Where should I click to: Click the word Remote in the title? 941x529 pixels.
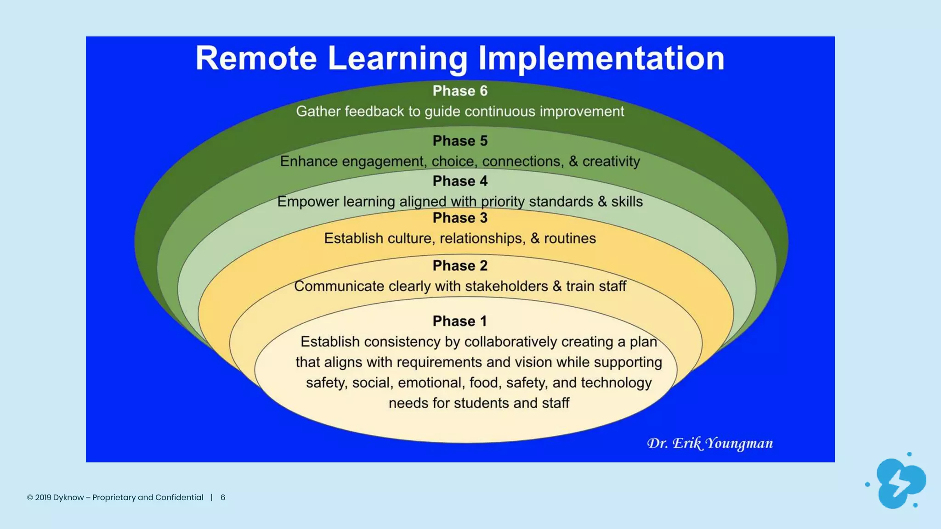pos(256,58)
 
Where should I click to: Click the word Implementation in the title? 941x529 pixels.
pos(601,58)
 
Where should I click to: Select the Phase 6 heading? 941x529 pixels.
pos(460,91)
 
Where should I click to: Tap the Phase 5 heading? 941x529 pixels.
pos(460,141)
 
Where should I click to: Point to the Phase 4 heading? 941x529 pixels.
pos(460,181)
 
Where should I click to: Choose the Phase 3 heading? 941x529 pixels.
pos(460,218)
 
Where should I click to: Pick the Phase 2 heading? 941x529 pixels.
pos(460,265)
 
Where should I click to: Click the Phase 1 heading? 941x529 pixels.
pos(460,321)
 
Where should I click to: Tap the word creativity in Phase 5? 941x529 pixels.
pos(611,162)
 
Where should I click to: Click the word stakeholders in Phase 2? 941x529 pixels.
pos(506,286)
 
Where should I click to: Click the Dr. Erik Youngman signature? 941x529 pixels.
pos(710,443)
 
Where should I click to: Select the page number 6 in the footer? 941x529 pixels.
pos(223,497)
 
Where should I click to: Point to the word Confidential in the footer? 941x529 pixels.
pos(179,497)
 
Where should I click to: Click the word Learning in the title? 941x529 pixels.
pos(397,58)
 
